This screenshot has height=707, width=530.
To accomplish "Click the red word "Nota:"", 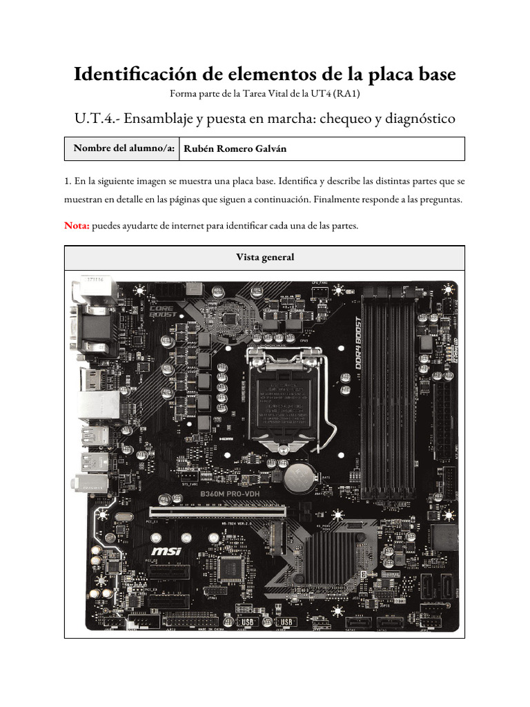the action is [x=76, y=225].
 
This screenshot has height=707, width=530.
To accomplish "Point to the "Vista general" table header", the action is [x=264, y=257].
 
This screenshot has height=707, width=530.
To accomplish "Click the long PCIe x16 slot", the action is [x=218, y=512].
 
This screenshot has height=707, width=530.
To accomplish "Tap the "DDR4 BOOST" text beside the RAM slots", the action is [x=357, y=346].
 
